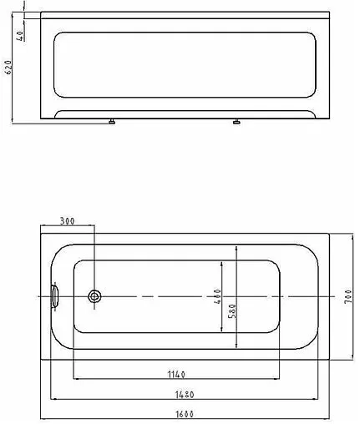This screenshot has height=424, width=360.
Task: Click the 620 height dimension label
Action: pyautogui.click(x=8, y=68)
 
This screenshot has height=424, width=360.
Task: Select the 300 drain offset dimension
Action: pyautogui.click(x=68, y=221)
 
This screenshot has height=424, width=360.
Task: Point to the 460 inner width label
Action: pyautogui.click(x=216, y=298)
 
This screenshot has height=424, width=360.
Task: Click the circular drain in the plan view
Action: pyautogui.click(x=94, y=296)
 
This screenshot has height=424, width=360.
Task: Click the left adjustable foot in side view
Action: pyautogui.click(x=109, y=122)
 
